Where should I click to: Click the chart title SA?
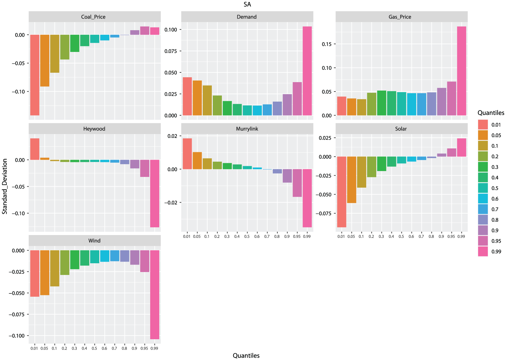[247, 4]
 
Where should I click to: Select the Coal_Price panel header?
[95, 17]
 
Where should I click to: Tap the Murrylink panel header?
[247, 129]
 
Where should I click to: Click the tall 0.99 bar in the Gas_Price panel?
[462, 71]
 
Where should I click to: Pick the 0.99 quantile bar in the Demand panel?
[307, 71]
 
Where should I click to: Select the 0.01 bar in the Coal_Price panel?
[35, 75]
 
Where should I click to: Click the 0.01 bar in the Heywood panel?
[35, 149]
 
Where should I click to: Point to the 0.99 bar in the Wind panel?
[155, 295]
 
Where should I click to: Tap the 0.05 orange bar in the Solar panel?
[352, 180]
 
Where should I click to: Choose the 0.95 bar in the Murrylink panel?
[297, 183]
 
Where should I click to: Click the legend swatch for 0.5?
[483, 188]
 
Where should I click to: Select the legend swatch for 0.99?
[483, 252]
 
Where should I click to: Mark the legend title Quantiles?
[491, 113]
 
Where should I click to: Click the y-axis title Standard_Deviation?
[5, 186]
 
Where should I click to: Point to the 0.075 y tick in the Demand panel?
[171, 51]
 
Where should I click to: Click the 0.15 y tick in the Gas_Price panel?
[327, 44]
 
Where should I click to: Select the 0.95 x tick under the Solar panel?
[451, 236]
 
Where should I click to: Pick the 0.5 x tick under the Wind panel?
[94, 348]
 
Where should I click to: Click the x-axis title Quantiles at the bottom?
[246, 355]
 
